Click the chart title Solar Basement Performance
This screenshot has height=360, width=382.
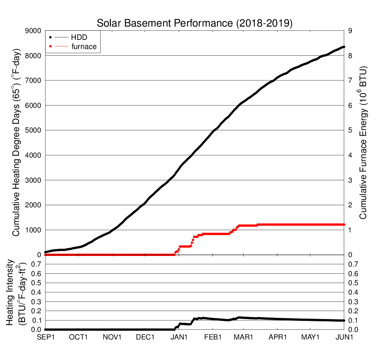195,23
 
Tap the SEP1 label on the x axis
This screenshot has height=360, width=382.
45,337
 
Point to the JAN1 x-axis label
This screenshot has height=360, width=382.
179,337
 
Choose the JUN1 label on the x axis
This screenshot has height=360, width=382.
344,337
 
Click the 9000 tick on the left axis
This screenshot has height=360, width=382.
33,31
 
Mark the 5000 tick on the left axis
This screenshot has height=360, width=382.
33,130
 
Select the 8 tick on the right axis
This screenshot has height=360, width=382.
351,55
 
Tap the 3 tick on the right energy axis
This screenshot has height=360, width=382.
351,180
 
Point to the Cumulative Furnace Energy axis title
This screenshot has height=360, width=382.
363,143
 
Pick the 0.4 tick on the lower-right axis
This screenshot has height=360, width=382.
354,292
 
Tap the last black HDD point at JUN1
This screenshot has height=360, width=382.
343,47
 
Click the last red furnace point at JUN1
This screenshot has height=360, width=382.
343,224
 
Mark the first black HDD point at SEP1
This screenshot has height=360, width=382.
46,252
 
